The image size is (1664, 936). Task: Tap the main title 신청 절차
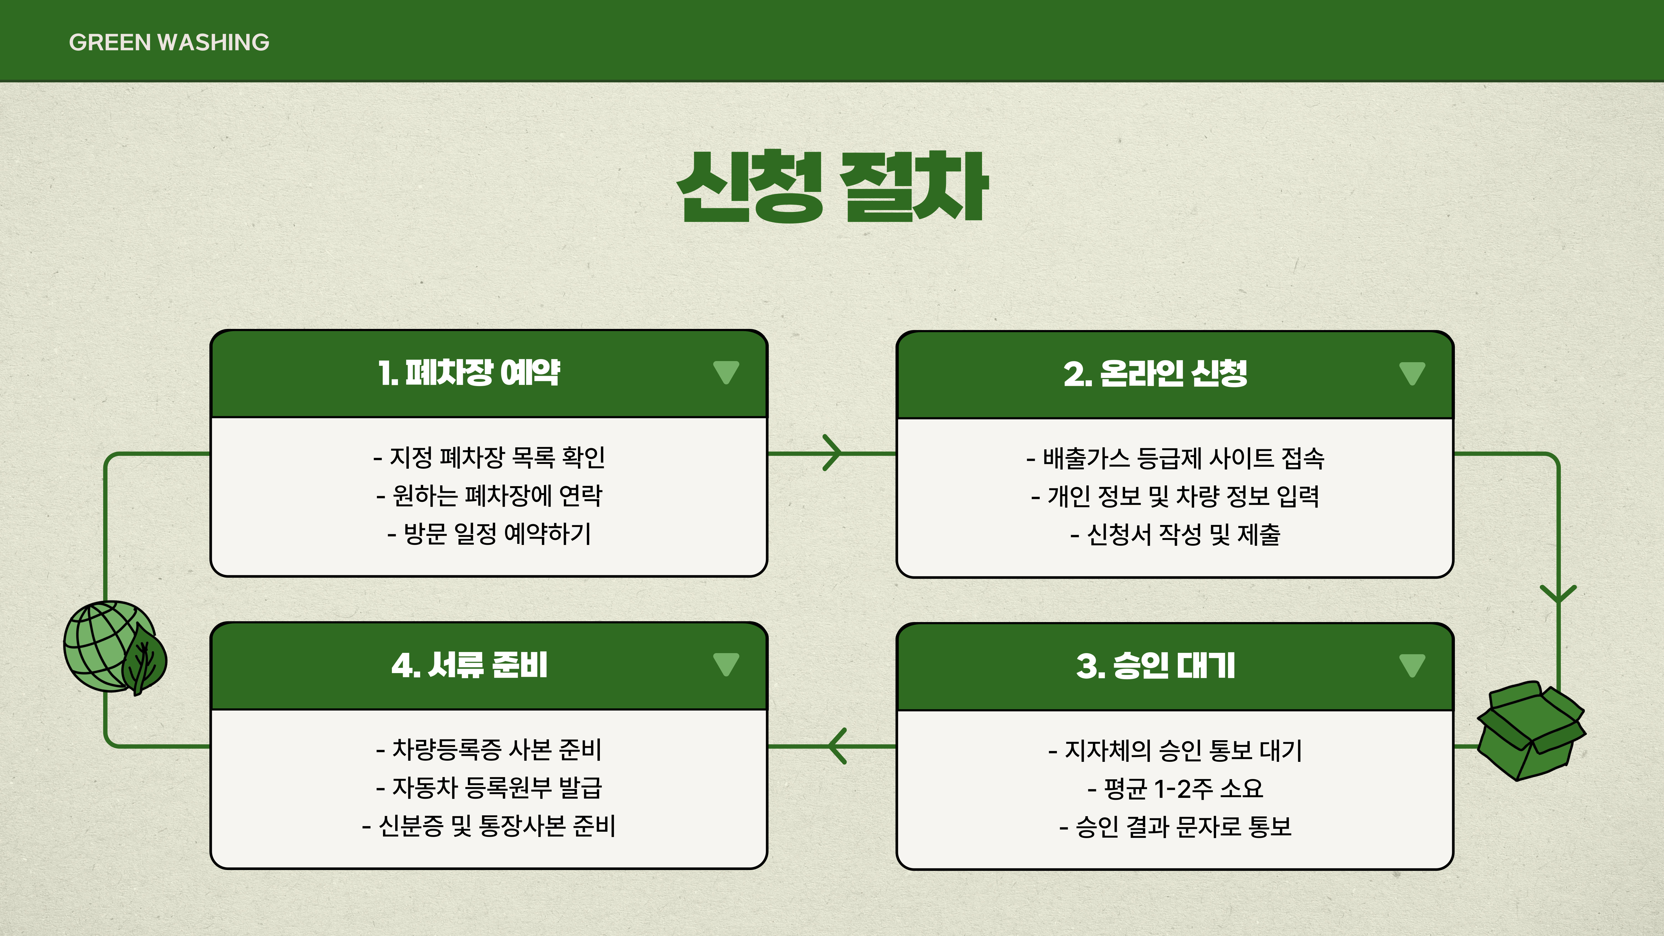[832, 187]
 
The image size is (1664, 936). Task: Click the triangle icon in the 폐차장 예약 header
[726, 372]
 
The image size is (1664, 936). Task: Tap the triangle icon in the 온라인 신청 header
[1412, 373]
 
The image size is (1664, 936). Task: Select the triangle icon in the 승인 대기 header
[1412, 665]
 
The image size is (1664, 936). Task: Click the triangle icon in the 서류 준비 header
[726, 664]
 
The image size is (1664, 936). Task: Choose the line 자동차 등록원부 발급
[489, 787]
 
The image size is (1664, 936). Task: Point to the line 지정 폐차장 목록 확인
[489, 457]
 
